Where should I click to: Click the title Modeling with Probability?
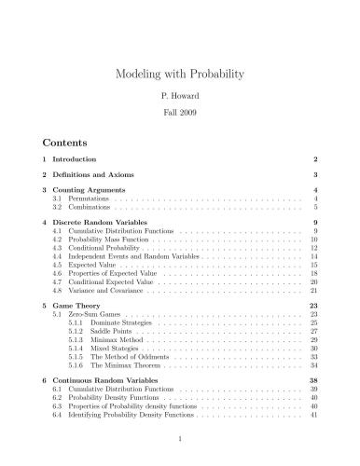click(x=179, y=72)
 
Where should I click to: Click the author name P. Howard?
click(x=179, y=96)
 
